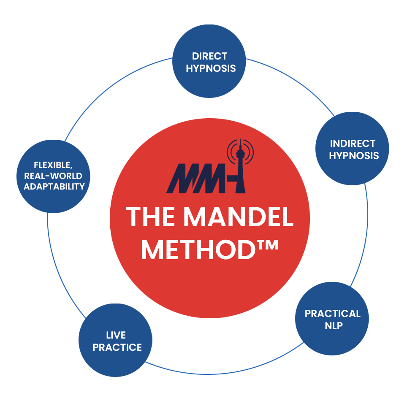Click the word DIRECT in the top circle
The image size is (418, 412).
coord(209,56)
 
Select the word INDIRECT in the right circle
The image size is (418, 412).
coord(352,143)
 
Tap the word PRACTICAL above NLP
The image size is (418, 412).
coord(333,314)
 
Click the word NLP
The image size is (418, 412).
coord(332,326)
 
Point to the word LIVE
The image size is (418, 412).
coord(116,335)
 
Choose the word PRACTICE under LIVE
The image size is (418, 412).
coord(117,347)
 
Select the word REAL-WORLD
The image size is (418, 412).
coord(53,176)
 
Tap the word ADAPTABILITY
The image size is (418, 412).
coord(54,186)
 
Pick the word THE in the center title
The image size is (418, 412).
coord(150,217)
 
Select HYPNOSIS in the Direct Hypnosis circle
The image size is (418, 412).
coord(211,68)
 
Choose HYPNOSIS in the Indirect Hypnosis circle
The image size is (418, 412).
coord(354,155)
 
